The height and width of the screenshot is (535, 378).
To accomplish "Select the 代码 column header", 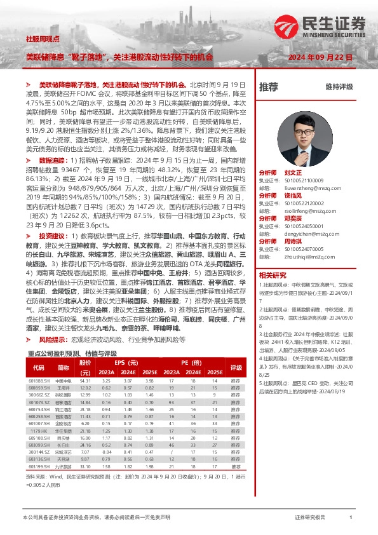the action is coord(39,367).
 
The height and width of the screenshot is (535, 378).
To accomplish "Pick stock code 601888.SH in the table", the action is coord(39,381).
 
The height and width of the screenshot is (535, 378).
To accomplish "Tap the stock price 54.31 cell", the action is coord(86,381).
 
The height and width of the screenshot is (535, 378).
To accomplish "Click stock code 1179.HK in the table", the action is coord(40,430).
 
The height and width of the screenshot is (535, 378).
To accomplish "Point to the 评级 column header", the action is coord(236,367).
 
